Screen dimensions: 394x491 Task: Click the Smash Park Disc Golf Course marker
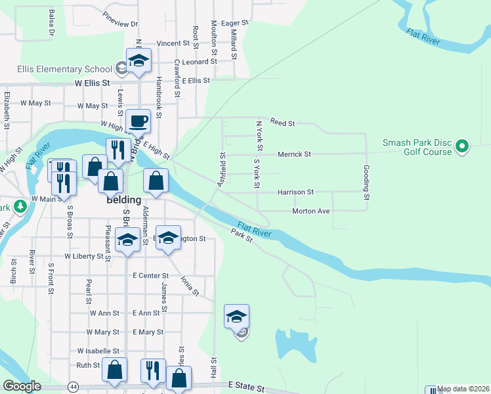click(x=462, y=146)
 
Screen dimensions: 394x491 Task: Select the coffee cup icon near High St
click(x=139, y=121)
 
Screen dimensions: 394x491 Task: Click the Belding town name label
click(x=124, y=200)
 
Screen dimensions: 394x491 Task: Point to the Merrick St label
click(x=293, y=154)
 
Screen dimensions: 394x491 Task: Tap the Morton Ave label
click(x=310, y=211)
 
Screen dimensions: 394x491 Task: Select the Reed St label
click(x=283, y=123)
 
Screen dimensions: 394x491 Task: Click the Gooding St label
click(x=367, y=183)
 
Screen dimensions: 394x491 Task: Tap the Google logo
click(x=22, y=386)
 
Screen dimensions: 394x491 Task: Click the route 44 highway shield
click(x=73, y=387)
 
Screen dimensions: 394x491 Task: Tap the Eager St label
click(x=235, y=23)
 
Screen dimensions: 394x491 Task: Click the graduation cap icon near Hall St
click(x=236, y=317)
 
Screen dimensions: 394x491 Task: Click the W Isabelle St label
click(x=98, y=351)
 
